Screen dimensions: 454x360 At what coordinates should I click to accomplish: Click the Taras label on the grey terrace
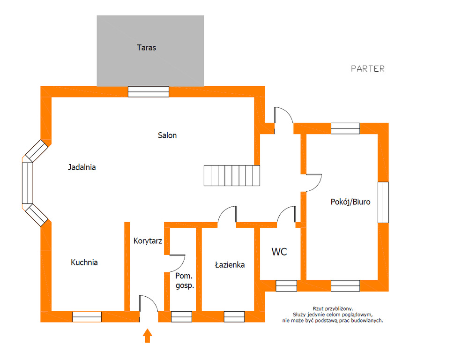[x=146, y=47]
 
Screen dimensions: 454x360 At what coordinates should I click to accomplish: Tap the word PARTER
[x=368, y=68]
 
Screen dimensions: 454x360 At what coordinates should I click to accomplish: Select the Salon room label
[x=167, y=135]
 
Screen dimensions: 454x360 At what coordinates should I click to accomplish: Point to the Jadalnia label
[x=82, y=167]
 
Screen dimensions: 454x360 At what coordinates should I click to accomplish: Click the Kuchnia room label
[x=84, y=262]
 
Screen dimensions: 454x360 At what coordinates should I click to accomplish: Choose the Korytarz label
[x=148, y=240]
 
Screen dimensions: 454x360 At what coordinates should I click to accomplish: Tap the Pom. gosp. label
[x=185, y=281]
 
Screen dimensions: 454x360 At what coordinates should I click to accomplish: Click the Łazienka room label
[x=230, y=265]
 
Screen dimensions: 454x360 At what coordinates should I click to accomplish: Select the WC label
[x=279, y=252]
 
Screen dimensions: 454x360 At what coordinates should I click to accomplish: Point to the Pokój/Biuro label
[x=350, y=202]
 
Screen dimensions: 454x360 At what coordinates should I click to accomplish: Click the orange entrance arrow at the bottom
[x=148, y=336]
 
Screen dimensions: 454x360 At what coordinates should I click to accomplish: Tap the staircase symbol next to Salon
[x=232, y=175]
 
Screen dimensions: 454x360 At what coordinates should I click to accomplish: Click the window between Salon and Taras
[x=149, y=92]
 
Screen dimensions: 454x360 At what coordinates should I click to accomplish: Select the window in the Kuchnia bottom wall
[x=87, y=317]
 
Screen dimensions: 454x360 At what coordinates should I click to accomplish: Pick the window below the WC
[x=286, y=286]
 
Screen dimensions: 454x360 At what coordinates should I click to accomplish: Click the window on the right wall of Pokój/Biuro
[x=383, y=202]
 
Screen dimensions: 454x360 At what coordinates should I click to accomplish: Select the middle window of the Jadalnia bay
[x=28, y=183]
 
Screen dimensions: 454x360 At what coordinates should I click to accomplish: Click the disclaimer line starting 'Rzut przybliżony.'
[x=333, y=309]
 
